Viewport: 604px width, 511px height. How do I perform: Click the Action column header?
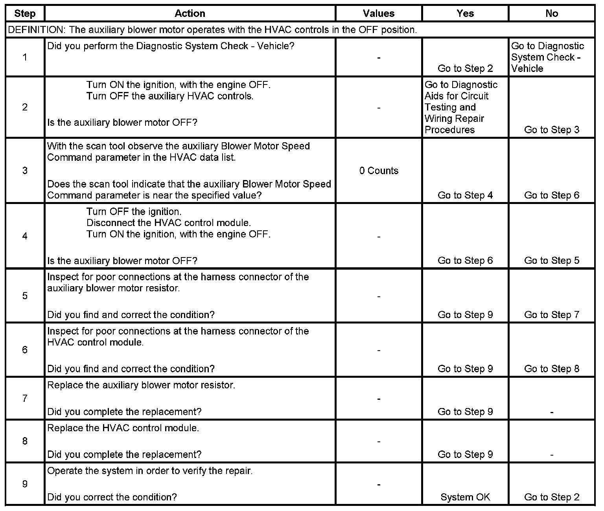pos(190,14)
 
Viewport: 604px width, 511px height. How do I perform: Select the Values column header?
pos(378,14)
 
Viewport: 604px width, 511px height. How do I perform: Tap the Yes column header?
pos(465,14)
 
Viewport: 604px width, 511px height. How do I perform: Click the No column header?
pos(552,14)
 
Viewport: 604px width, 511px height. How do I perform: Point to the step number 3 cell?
pos(25,171)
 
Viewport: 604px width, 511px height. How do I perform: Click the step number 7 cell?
pos(25,399)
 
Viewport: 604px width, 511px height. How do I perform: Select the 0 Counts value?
pos(379,171)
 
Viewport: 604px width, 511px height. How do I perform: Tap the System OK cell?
pos(465,497)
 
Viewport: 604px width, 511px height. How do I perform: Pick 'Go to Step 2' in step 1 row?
pos(465,68)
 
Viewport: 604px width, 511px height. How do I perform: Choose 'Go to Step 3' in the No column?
pos(552,130)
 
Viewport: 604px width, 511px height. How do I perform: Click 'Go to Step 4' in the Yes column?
pos(465,195)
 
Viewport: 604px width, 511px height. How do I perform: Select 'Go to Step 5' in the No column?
pos(552,261)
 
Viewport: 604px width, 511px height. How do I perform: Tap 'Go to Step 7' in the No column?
pos(552,315)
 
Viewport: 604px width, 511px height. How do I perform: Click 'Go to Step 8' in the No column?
pos(552,369)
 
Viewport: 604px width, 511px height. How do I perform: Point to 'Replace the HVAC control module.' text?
pos(123,428)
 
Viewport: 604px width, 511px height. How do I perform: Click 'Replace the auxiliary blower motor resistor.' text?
pos(141,385)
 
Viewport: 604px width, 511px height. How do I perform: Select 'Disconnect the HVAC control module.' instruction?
pos(168,223)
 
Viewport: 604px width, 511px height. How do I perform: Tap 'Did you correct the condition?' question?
pos(112,497)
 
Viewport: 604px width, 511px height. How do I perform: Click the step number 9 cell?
pos(25,484)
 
